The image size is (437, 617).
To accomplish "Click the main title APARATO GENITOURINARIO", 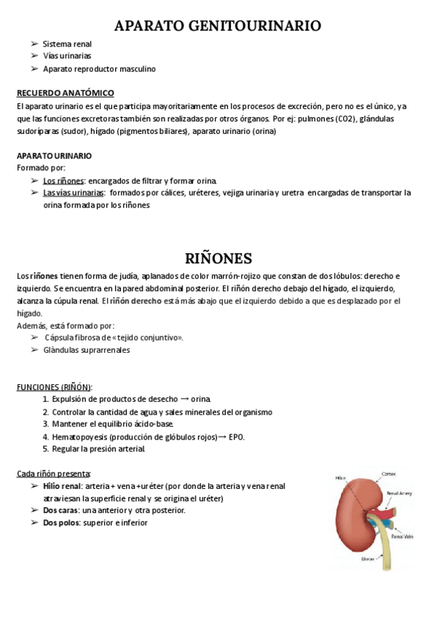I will (x=218, y=26).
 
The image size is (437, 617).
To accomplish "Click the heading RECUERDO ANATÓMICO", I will (x=65, y=93).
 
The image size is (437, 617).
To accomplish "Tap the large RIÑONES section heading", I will (x=218, y=258).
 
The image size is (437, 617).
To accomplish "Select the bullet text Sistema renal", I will (x=67, y=44).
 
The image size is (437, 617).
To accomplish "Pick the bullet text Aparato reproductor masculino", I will (x=99, y=69).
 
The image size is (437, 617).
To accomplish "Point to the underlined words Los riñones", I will (x=63, y=180).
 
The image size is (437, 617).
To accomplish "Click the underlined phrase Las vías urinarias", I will (x=73, y=193).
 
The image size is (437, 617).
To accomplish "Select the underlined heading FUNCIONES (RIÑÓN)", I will (x=55, y=386).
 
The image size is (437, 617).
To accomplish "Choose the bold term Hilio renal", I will (x=62, y=486).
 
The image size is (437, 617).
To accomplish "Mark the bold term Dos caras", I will (x=60, y=511).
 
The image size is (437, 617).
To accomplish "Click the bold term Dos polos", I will (x=61, y=522).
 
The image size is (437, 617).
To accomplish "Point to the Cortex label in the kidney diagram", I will (x=389, y=474).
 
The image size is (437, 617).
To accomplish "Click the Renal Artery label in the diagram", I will (x=398, y=493).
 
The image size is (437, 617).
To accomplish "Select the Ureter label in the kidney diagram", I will (x=368, y=560).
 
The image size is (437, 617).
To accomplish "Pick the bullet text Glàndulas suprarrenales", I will (x=87, y=350).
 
